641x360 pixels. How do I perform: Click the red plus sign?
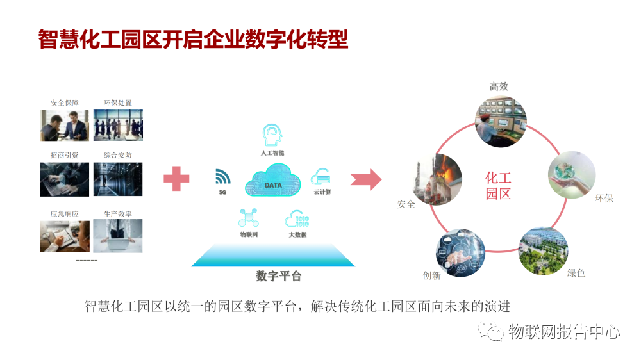176,178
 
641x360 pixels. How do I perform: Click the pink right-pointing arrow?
366,179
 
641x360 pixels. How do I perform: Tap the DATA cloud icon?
272,181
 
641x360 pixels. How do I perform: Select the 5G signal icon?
222,177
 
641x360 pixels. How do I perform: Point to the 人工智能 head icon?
272,135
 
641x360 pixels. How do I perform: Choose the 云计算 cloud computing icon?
320,176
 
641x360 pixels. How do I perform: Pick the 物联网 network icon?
248,218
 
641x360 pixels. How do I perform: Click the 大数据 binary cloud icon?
297,219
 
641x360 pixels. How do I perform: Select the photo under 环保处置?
118,125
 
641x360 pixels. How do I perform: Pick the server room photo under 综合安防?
118,179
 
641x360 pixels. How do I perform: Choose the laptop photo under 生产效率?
118,236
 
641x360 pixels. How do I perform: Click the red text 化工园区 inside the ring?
498,185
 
